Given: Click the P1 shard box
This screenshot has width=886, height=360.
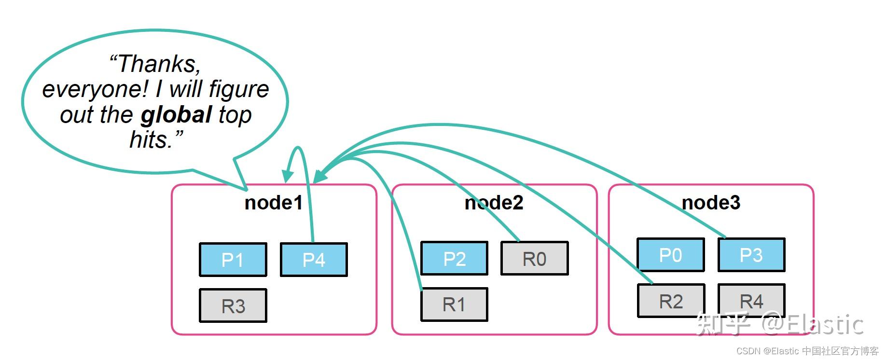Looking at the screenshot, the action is pyautogui.click(x=233, y=260).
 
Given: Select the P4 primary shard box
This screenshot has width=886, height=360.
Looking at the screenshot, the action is pyautogui.click(x=314, y=260).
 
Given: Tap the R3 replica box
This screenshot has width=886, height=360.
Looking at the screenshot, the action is pyautogui.click(x=233, y=305).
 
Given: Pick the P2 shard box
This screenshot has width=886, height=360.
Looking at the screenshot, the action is pyautogui.click(x=454, y=259).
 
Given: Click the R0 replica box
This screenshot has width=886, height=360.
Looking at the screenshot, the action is pyautogui.click(x=535, y=259).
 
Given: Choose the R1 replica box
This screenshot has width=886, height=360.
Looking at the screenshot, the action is pyautogui.click(x=454, y=305).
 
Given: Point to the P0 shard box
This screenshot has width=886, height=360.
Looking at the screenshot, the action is pyautogui.click(x=671, y=255).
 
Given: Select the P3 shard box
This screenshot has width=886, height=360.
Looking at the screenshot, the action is pyautogui.click(x=751, y=255).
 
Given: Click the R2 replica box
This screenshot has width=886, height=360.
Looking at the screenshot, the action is pyautogui.click(x=671, y=301).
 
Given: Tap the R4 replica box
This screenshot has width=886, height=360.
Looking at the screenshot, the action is pyautogui.click(x=751, y=301).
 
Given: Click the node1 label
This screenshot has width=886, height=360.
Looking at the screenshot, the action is pyautogui.click(x=274, y=203).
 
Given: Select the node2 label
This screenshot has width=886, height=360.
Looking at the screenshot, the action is pyautogui.click(x=494, y=203).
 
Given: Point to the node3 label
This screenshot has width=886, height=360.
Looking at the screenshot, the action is pyautogui.click(x=711, y=203).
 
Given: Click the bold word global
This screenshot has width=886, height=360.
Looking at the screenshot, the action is pyautogui.click(x=176, y=115).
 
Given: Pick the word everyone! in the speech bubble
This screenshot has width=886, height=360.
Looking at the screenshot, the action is pyautogui.click(x=96, y=90).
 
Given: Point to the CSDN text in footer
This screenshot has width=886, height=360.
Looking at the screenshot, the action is pyautogui.click(x=748, y=351).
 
